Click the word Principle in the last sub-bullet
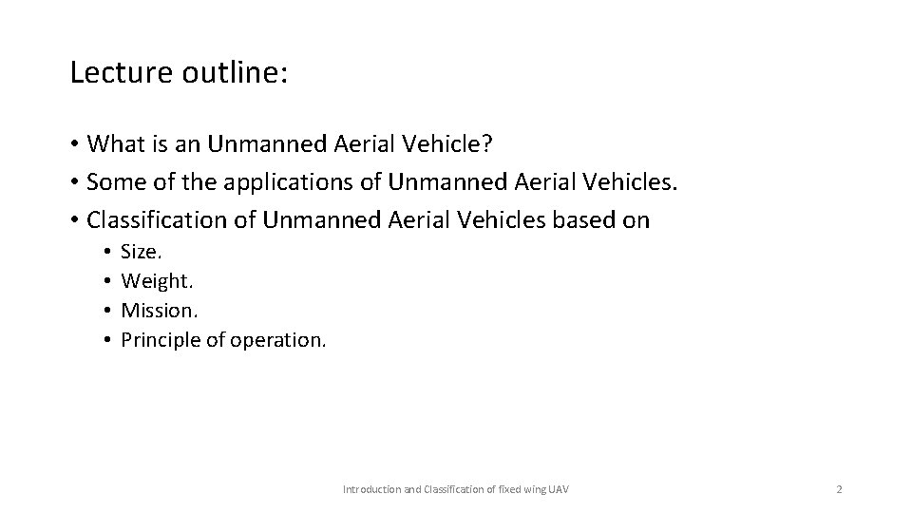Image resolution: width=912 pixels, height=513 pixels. pyautogui.click(x=161, y=339)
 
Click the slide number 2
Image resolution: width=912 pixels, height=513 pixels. pyautogui.click(x=839, y=488)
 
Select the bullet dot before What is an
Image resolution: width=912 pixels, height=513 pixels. pyautogui.click(x=73, y=144)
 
